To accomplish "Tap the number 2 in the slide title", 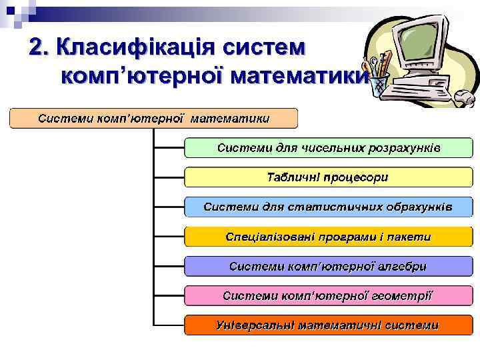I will pyautogui.click(x=37, y=48).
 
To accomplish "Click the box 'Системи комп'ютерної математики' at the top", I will pyautogui.click(x=153, y=119).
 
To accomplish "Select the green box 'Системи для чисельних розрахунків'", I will pyautogui.click(x=328, y=147).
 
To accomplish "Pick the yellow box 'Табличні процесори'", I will pyautogui.click(x=328, y=177).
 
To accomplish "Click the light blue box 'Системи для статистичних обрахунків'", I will pyautogui.click(x=328, y=207).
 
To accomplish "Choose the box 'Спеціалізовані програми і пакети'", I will pyautogui.click(x=328, y=237).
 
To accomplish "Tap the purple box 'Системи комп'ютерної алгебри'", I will pyautogui.click(x=328, y=266).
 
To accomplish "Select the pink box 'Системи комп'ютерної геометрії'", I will pyautogui.click(x=328, y=295).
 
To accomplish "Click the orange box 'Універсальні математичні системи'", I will pyautogui.click(x=328, y=325).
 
